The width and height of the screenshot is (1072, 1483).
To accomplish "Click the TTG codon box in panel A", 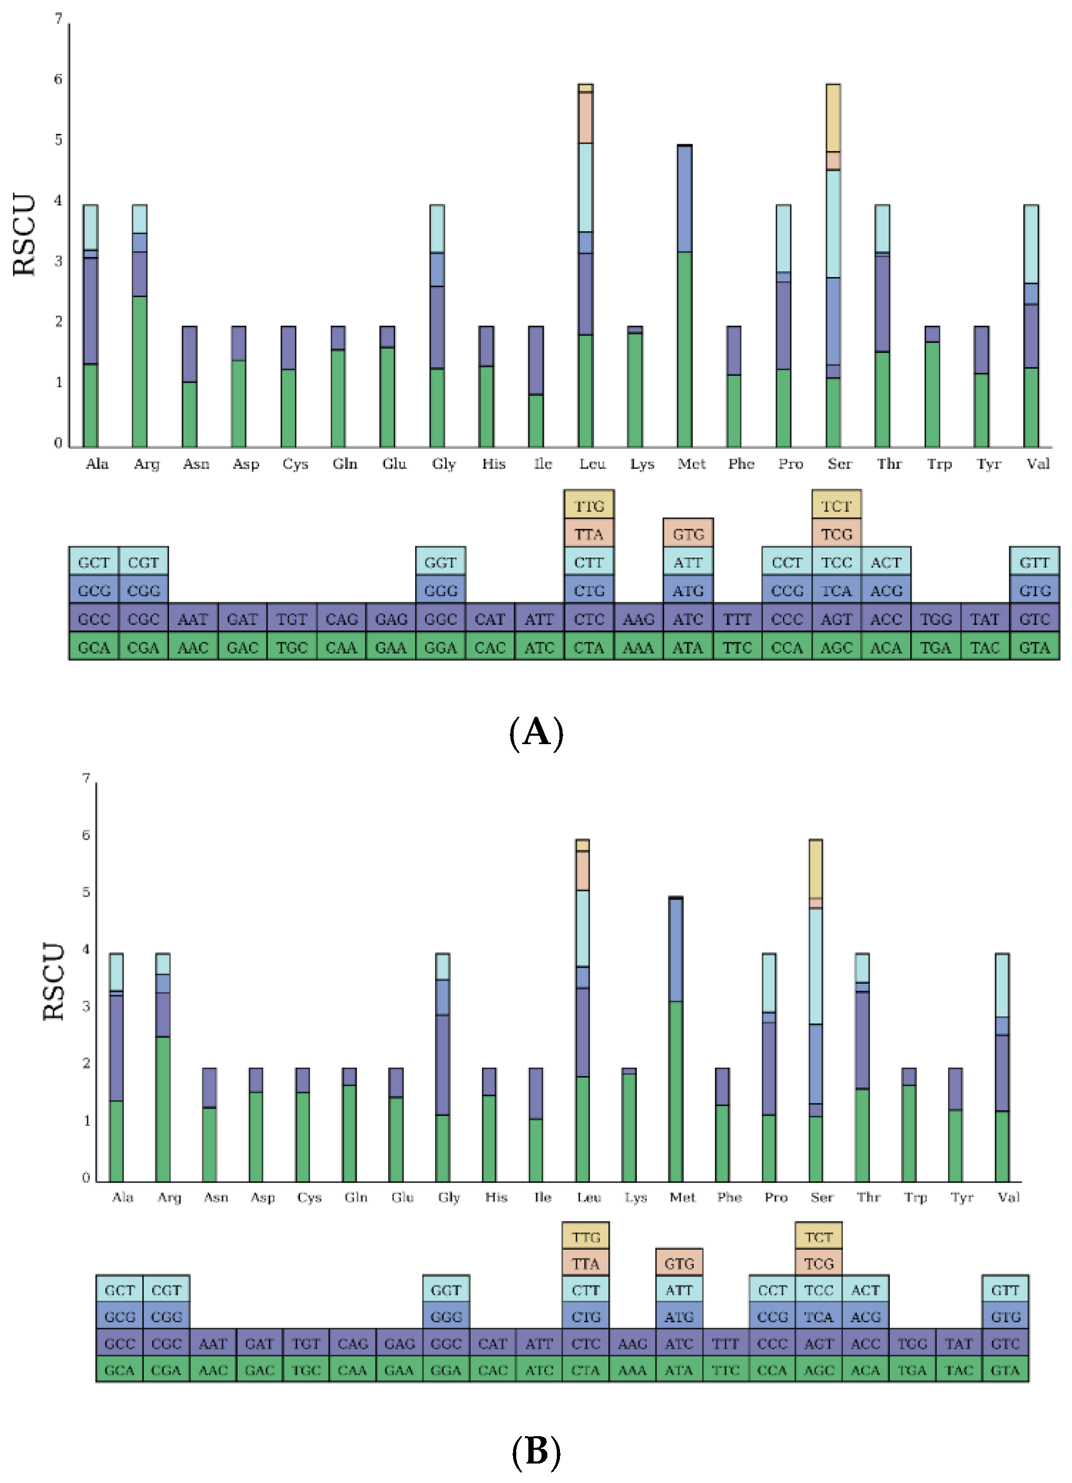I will (x=588, y=506).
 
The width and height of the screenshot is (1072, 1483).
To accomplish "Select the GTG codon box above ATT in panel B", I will (x=679, y=1263).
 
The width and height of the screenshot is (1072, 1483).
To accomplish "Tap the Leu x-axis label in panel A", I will (x=592, y=463).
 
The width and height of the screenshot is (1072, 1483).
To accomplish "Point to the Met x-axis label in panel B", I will (x=682, y=1197).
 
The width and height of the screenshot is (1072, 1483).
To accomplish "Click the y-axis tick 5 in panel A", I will (x=58, y=140).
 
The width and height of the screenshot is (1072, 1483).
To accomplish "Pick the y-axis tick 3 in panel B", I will (x=86, y=1006).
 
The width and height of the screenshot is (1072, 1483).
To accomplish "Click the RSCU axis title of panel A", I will (x=24, y=235).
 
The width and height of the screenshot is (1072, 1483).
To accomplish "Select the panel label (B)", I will (x=536, y=1451).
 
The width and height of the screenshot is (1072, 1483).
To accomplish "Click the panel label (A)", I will (x=536, y=731).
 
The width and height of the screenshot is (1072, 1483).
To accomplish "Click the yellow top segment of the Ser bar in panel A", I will (x=833, y=117).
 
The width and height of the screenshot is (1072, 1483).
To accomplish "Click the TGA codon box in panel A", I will (x=936, y=647).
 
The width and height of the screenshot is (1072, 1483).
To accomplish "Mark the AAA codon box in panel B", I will (x=632, y=1370).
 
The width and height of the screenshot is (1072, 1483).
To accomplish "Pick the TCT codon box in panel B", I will (x=818, y=1237).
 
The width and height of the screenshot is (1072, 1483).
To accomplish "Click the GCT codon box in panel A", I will (x=94, y=562).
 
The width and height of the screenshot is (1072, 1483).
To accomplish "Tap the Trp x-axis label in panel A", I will (x=939, y=463).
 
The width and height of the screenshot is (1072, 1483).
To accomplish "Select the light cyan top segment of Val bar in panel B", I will (x=1002, y=985).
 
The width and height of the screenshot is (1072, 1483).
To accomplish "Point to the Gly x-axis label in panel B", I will (x=449, y=1197).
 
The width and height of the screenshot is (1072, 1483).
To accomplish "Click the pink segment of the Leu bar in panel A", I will (x=585, y=117).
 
